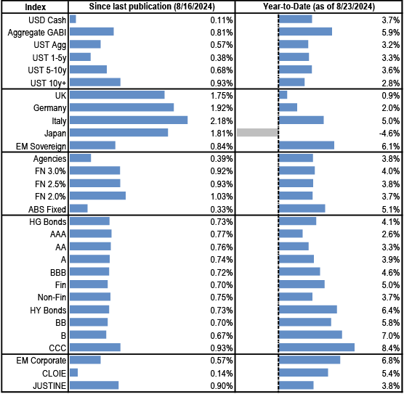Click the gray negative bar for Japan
coord(257,133)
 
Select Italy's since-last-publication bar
coord(129,120)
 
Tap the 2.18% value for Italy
coord(222,120)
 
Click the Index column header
coord(36,7)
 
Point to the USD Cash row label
coord(47,20)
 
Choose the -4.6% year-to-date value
coord(389,134)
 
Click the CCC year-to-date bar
coord(317,347)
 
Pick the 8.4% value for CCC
coord(391,348)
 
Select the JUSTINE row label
coord(49,386)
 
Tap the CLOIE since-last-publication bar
coord(73,372)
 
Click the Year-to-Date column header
coord(319,7)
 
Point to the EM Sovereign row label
coord(41,147)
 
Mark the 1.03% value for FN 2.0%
coord(222,197)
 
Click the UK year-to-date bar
coord(283,95)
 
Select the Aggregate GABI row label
coord(37,33)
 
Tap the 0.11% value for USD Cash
coord(222,20)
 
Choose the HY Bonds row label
coord(48,310)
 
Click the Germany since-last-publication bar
coord(121,107)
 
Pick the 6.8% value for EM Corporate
coord(391,361)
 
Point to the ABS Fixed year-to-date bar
coord(302,208)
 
